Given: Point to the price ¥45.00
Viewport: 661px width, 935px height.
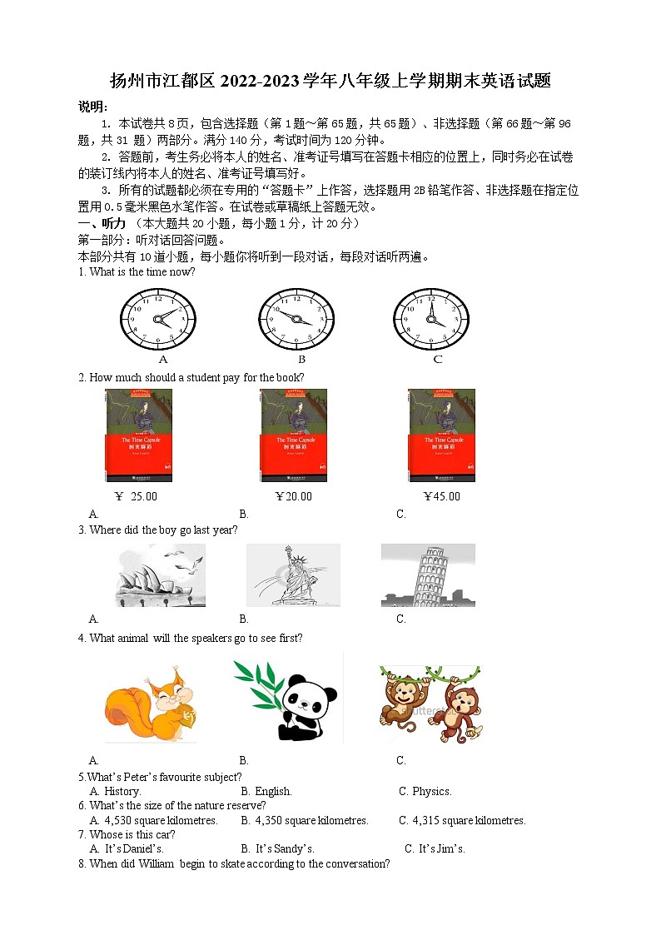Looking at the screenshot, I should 441,496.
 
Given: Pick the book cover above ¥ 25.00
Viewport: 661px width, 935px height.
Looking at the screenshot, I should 139,435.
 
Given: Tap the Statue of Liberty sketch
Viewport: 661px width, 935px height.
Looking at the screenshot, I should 293,575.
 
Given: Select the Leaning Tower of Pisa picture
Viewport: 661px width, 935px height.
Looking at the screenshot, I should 428,575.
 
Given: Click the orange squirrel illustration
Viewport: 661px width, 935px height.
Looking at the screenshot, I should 151,703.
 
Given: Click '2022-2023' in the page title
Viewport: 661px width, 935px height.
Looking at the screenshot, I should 263,82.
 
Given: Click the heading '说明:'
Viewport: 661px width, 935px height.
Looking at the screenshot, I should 92,107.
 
